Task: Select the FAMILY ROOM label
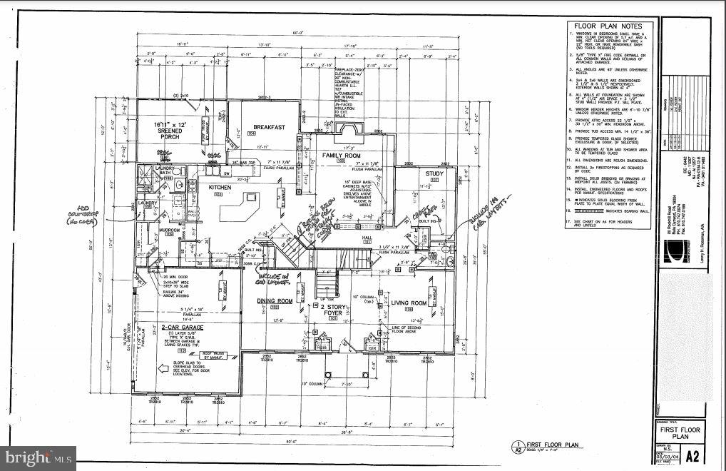[341, 155]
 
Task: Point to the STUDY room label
[435, 173]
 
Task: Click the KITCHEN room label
[220, 187]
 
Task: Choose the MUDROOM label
[170, 231]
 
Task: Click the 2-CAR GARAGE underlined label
[183, 328]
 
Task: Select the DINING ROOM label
[275, 300]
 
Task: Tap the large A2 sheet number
[691, 455]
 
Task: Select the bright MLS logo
[39, 455]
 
